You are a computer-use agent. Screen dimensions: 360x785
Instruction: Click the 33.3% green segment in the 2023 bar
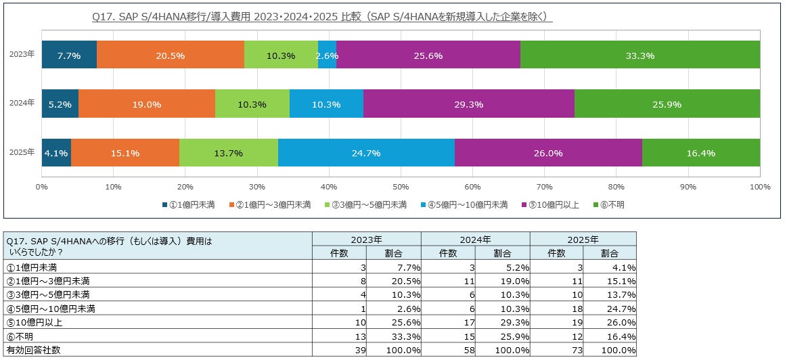click(640, 55)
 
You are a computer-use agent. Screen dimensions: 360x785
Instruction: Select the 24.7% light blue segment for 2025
click(366, 153)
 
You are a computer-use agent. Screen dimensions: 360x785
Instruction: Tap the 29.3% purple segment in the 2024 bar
click(468, 104)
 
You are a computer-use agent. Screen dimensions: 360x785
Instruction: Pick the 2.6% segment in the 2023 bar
click(327, 55)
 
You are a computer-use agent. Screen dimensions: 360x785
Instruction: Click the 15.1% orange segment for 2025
click(125, 153)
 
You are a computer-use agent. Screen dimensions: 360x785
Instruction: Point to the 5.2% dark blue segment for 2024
click(60, 104)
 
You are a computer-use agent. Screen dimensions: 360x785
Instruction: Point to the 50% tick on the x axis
click(401, 187)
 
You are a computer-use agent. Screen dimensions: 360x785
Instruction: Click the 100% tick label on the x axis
click(759, 187)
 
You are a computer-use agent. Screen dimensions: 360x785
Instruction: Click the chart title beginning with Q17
click(321, 16)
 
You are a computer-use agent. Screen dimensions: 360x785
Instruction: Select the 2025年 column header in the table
click(583, 239)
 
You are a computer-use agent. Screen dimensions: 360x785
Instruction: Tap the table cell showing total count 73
click(556, 350)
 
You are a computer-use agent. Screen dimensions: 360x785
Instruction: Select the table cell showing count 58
click(447, 350)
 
